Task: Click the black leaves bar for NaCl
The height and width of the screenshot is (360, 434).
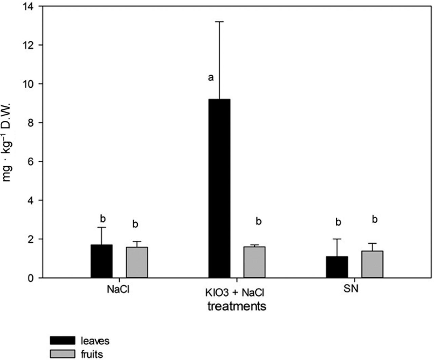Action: pos(101,261)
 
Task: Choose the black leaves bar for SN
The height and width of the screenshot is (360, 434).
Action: pos(337,267)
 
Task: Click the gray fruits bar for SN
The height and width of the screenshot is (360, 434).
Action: pos(372,264)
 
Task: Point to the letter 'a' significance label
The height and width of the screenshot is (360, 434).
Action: pos(211,78)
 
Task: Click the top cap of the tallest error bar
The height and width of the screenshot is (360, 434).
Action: pos(219,22)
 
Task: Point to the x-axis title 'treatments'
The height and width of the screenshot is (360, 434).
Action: pos(237,306)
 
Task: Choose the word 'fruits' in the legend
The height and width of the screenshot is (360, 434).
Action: pos(92,354)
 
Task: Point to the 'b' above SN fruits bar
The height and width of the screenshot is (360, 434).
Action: pos(375,220)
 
